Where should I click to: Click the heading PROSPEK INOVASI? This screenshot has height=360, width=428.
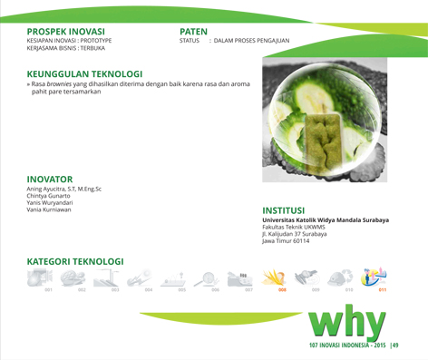tap(66, 32)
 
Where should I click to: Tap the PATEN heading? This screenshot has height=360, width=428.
tap(193, 32)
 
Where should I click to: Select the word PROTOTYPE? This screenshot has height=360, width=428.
tap(96, 41)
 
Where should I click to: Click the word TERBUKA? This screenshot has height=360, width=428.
tap(92, 48)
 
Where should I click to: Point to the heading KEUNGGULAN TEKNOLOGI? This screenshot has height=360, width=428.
tap(84, 74)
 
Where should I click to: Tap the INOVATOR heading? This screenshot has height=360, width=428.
tap(50, 180)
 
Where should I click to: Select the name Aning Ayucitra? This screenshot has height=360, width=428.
tap(46, 190)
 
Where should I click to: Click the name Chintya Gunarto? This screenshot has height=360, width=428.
tap(48, 196)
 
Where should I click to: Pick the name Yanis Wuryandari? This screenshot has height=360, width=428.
tap(50, 203)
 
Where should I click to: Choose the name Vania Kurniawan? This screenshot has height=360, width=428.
tap(49, 209)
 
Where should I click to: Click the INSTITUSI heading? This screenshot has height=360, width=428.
tap(284, 210)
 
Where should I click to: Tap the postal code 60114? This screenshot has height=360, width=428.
tap(301, 241)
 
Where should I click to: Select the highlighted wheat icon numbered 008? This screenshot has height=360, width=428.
tap(274, 277)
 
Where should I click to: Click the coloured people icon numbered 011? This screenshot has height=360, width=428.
tap(374, 277)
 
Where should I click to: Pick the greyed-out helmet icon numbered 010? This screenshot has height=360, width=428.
tap(340, 277)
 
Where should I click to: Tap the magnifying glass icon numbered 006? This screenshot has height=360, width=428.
tap(207, 278)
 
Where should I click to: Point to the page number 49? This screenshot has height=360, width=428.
tap(395, 345)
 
